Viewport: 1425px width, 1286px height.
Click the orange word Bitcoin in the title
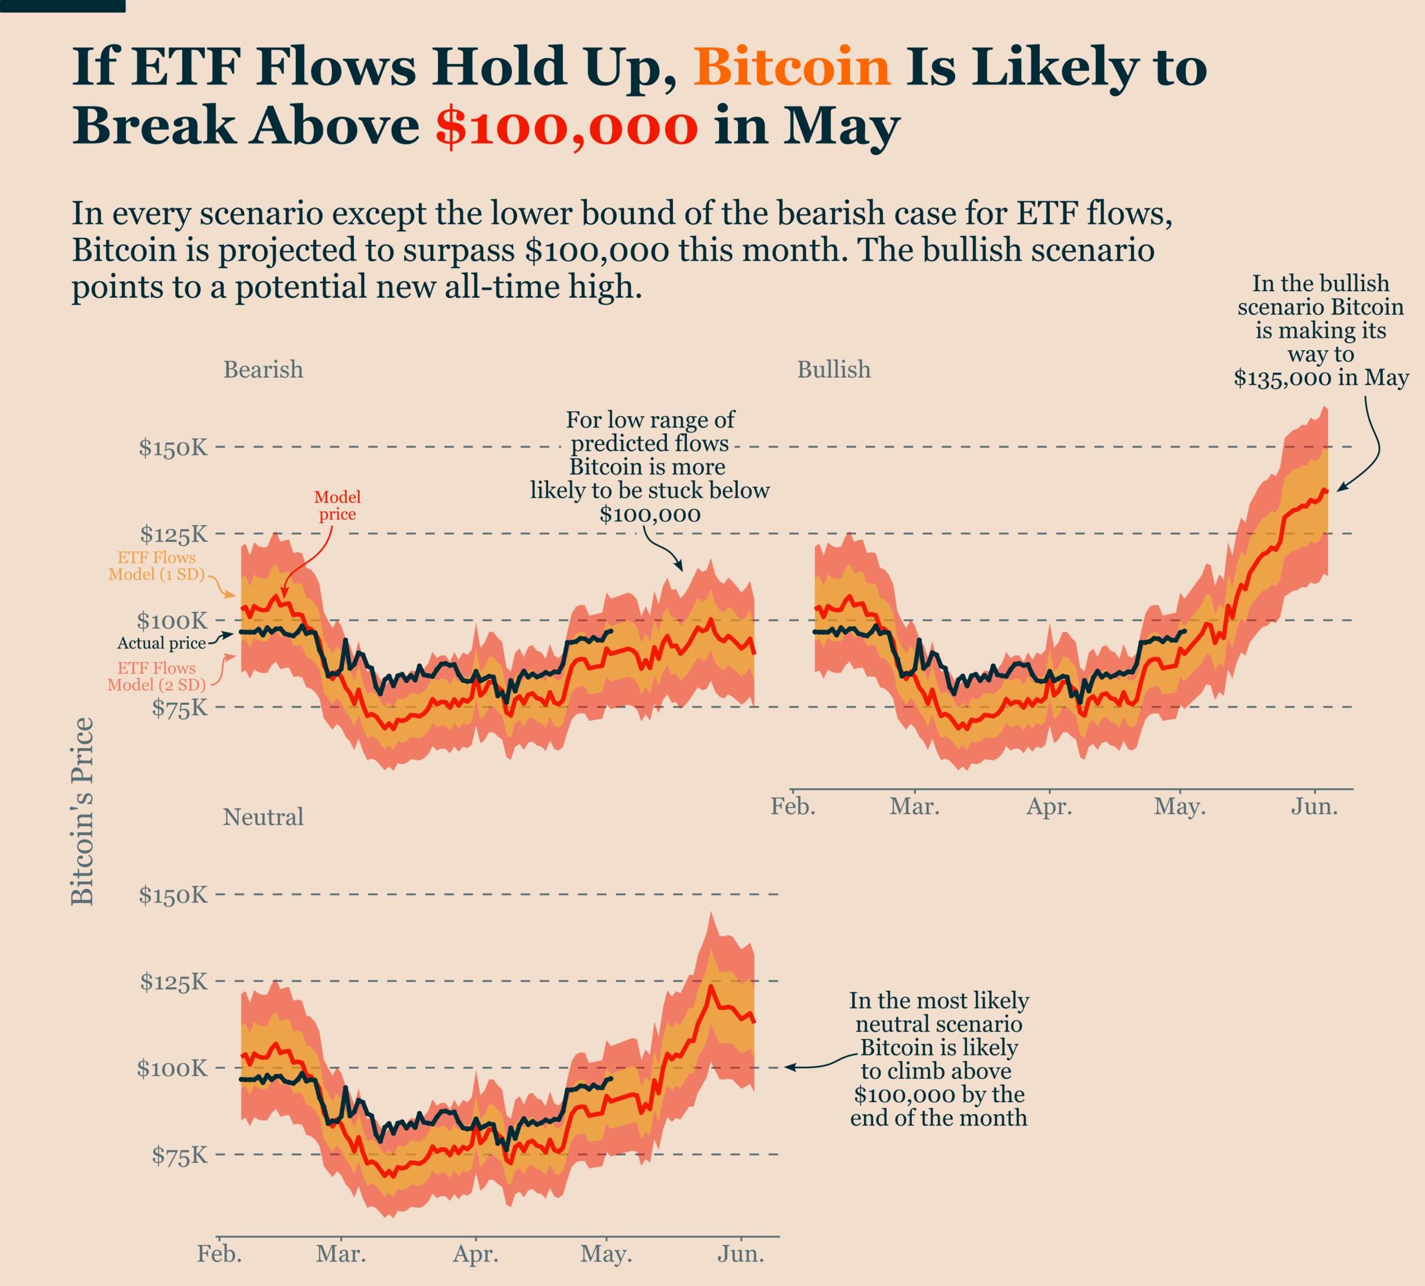point(792,67)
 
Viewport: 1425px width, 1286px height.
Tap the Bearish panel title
point(263,370)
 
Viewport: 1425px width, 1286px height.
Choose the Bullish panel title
point(834,370)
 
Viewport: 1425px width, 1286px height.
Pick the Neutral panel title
point(263,817)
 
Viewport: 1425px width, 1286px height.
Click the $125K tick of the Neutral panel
point(173,981)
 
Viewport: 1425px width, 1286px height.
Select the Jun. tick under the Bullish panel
point(1314,806)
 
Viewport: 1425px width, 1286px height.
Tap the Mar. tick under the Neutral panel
point(341,1254)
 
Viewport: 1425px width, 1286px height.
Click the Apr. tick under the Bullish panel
point(1049,806)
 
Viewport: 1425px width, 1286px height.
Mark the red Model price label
point(337,506)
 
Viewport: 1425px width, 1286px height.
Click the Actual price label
point(161,643)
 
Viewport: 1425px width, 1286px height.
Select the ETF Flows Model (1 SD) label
point(156,566)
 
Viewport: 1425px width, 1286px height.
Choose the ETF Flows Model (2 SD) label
point(156,676)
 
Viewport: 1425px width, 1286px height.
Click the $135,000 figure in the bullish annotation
point(1282,378)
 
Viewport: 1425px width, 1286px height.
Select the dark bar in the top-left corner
point(62,6)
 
